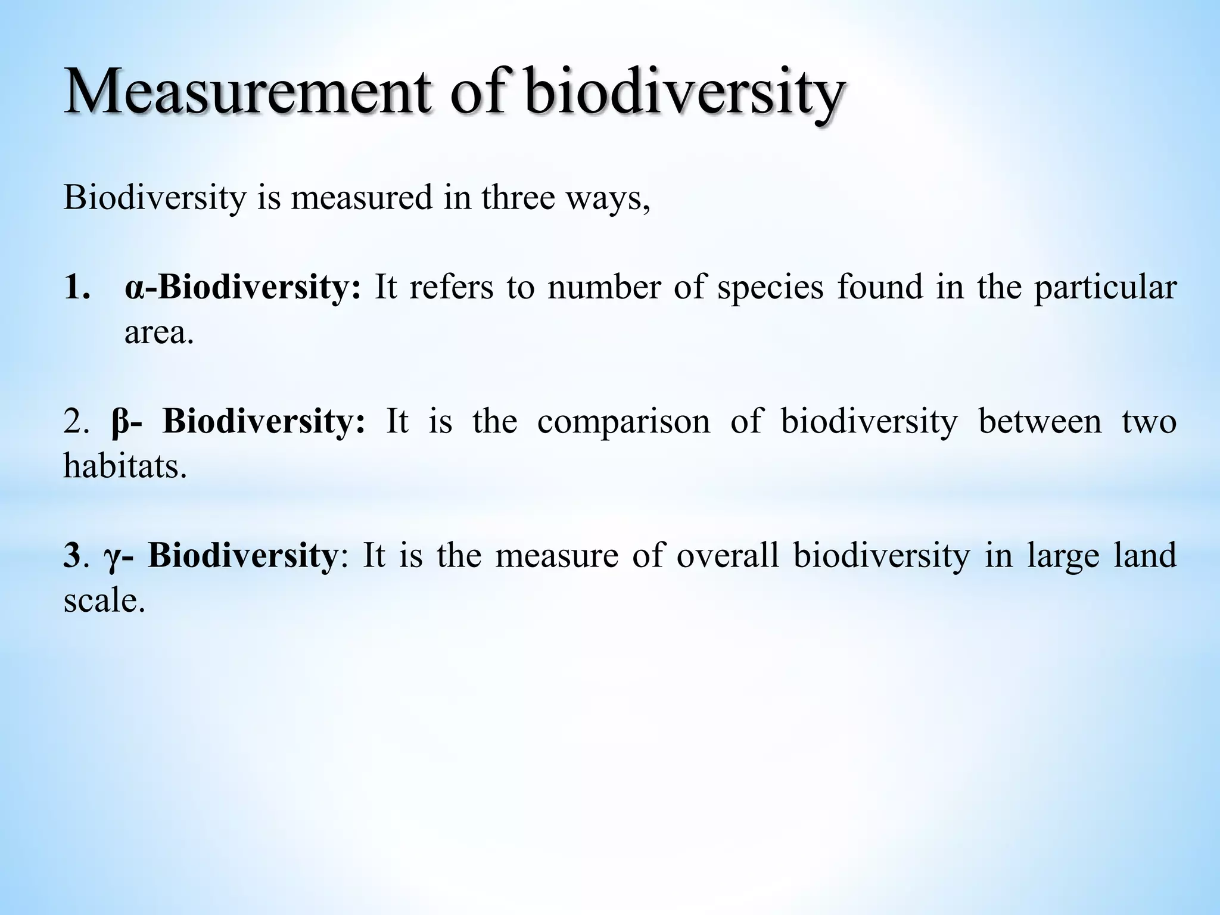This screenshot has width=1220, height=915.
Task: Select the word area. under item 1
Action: [x=159, y=333]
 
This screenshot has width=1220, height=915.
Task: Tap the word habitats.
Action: [x=125, y=466]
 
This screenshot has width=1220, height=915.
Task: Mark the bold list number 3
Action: [x=71, y=556]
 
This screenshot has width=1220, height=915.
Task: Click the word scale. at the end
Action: [x=104, y=600]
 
